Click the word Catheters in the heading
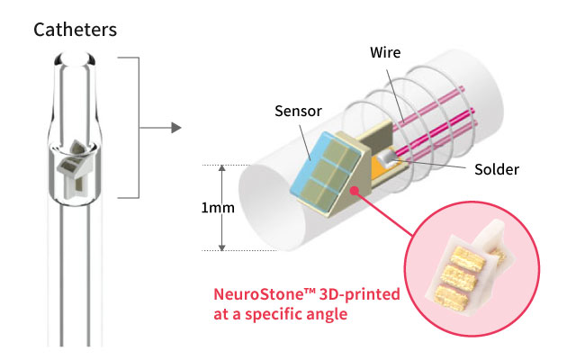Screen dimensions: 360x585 point(76,30)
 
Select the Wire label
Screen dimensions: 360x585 point(384,53)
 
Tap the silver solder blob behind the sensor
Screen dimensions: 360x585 point(385,158)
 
